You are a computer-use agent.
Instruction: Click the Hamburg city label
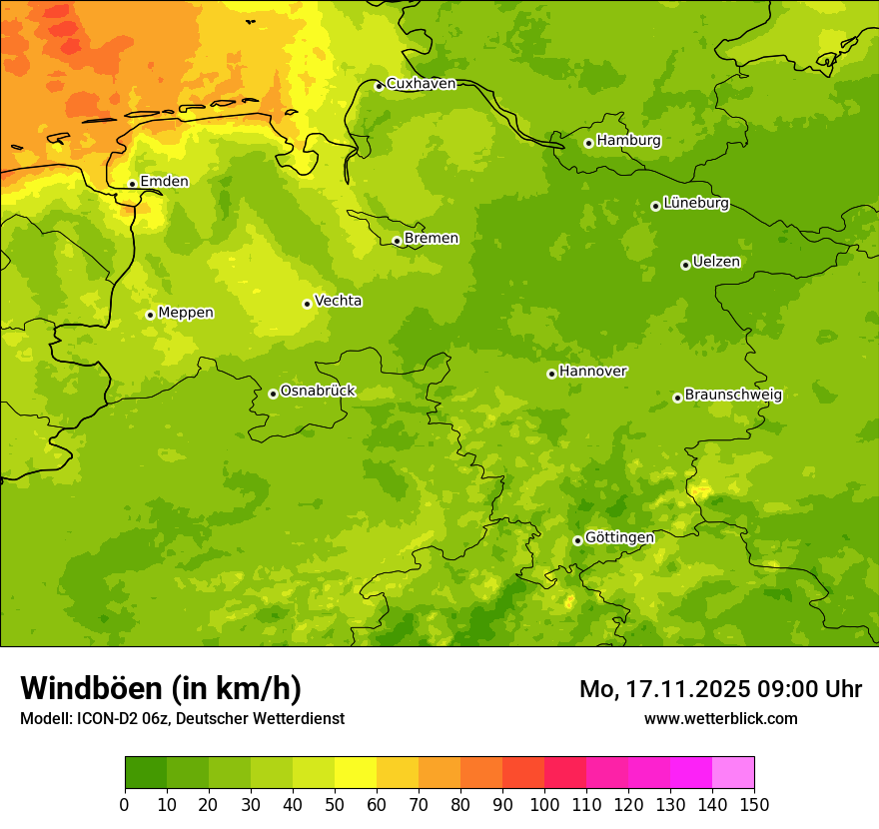(628, 141)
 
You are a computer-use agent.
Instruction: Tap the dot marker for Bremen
(397, 241)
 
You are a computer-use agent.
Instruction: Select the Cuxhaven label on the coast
(421, 84)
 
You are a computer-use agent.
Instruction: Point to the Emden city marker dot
(132, 184)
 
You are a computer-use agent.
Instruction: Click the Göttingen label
(619, 538)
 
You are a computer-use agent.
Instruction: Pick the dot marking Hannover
(551, 374)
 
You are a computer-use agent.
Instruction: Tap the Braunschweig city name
(733, 396)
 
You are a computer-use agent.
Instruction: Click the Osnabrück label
(318, 392)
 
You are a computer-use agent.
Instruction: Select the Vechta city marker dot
(307, 304)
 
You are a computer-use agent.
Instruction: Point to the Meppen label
(186, 313)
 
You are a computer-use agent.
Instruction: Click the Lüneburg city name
(696, 204)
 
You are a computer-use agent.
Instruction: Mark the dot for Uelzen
(685, 265)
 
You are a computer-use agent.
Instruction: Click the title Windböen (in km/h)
(161, 688)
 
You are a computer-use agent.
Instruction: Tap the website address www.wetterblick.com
(721, 718)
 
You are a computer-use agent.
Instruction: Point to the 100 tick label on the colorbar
(544, 804)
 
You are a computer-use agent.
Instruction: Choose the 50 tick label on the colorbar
(335, 804)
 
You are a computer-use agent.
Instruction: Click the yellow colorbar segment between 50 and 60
(356, 773)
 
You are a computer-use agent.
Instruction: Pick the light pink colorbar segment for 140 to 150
(733, 773)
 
